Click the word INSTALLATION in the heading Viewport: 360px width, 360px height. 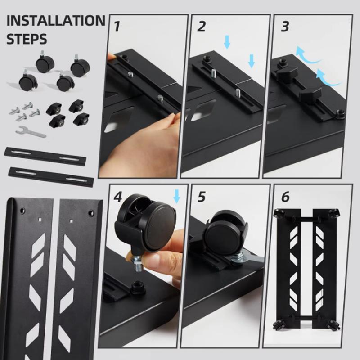point(56,21)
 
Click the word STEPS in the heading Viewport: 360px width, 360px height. point(27,39)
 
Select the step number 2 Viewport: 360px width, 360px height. point(201,27)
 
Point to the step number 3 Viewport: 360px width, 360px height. point(285,27)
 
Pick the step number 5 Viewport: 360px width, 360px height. point(201,197)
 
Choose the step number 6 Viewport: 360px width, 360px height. point(285,197)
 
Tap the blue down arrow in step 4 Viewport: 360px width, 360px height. point(176,196)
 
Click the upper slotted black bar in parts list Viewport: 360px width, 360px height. point(45,156)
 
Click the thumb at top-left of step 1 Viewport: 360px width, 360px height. point(111,56)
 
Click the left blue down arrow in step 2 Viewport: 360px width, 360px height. point(227,43)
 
